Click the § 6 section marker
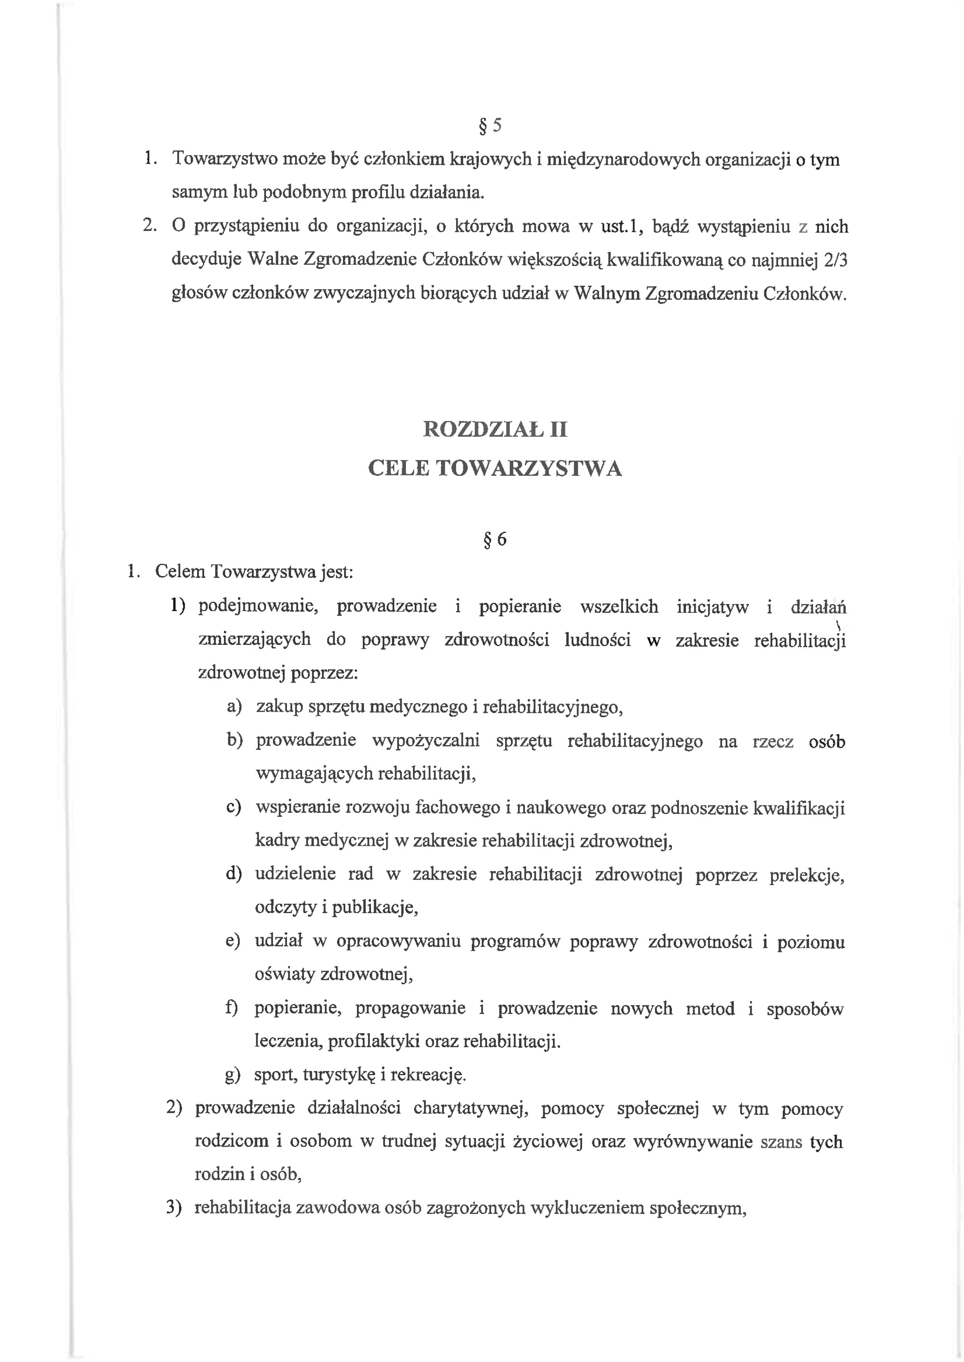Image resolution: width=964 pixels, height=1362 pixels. [x=495, y=539]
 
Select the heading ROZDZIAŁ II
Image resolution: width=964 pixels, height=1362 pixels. [x=495, y=429]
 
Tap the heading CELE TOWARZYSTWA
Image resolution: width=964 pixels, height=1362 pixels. [x=495, y=469]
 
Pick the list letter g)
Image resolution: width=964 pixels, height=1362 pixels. [x=233, y=1075]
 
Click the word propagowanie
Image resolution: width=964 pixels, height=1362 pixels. [x=410, y=1008]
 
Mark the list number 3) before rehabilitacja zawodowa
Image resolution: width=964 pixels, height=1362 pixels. [x=173, y=1208]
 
